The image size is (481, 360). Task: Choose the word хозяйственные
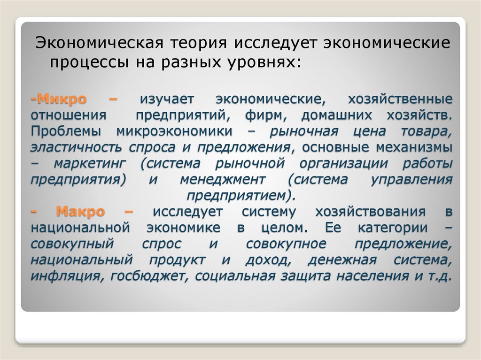(400, 99)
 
